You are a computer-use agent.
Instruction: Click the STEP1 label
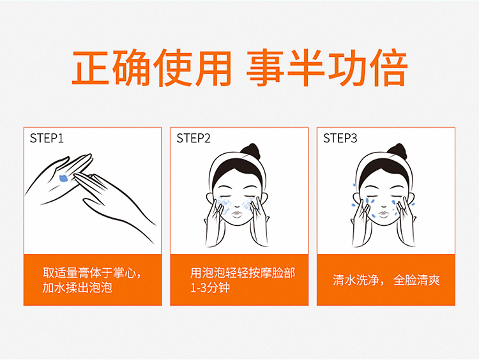click(x=47, y=139)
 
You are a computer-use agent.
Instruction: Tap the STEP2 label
click(x=194, y=139)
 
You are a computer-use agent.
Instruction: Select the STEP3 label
click(x=340, y=139)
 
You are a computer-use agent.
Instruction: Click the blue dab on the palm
click(x=63, y=178)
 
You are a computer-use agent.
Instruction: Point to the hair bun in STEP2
click(x=250, y=151)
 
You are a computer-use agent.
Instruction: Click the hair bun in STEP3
click(x=397, y=151)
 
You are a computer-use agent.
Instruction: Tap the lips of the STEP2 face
click(x=238, y=213)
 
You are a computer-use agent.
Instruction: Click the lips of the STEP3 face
click(x=384, y=213)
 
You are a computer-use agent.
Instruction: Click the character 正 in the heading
click(x=91, y=68)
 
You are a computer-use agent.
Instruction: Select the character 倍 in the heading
click(x=388, y=68)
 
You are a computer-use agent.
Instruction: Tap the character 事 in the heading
click(x=265, y=68)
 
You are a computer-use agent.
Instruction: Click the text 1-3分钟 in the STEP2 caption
click(x=209, y=288)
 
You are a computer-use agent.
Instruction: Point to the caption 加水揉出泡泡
click(x=77, y=288)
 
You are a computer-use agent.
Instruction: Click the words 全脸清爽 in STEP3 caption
click(x=416, y=280)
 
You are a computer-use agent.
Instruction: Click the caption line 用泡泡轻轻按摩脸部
click(x=243, y=273)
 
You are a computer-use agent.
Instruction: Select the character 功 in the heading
click(x=347, y=68)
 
